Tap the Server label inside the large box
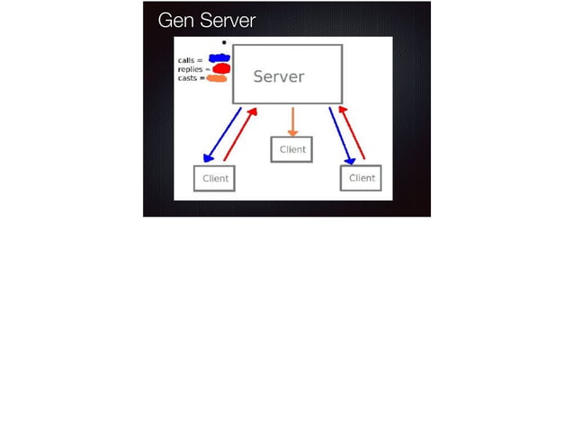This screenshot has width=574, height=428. tap(279, 76)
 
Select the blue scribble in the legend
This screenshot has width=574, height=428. tap(220, 59)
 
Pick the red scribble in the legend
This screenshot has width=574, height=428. tap(220, 68)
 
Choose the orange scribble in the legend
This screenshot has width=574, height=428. tap(217, 78)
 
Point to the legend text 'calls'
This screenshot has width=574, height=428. tap(189, 60)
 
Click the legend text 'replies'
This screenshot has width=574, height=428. tap(193, 69)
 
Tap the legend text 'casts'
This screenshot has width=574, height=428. tap(189, 78)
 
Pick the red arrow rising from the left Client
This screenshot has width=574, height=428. tap(240, 135)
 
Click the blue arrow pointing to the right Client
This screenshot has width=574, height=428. tap(340, 135)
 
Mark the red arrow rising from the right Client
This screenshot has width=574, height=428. tap(353, 133)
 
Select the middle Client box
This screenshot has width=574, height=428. tap(292, 149)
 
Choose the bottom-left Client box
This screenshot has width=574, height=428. tap(215, 178)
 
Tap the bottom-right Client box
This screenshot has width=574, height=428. tap(361, 178)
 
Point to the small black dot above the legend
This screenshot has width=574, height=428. tap(224, 42)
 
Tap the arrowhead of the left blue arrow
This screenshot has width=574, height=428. tap(209, 158)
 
